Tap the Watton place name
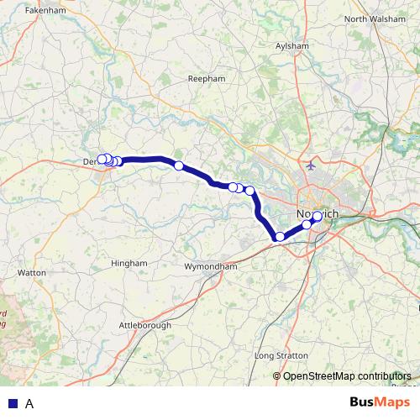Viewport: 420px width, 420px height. point(31,273)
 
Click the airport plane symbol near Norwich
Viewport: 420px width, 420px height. point(312,164)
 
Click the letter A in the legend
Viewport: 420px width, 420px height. point(29,403)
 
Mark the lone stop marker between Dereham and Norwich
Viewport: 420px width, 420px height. point(178,165)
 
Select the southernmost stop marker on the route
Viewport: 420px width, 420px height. point(280,237)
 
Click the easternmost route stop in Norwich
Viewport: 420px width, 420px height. point(317,217)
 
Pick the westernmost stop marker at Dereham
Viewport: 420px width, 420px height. point(102,159)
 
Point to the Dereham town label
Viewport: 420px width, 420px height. point(92,161)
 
